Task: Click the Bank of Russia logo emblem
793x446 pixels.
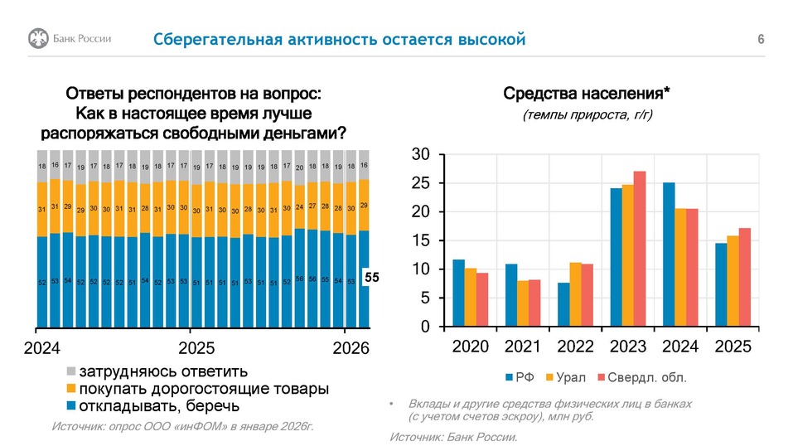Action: (x=38, y=38)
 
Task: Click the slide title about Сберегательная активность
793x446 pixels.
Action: (x=339, y=40)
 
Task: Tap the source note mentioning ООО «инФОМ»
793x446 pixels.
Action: (x=182, y=426)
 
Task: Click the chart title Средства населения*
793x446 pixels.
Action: (x=587, y=93)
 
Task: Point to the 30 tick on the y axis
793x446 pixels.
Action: (x=420, y=155)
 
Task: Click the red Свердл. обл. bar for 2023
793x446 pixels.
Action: (x=639, y=249)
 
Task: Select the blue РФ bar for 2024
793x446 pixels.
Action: (x=669, y=255)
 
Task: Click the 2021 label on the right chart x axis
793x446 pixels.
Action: (x=522, y=347)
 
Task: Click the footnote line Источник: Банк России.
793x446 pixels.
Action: (x=453, y=437)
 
